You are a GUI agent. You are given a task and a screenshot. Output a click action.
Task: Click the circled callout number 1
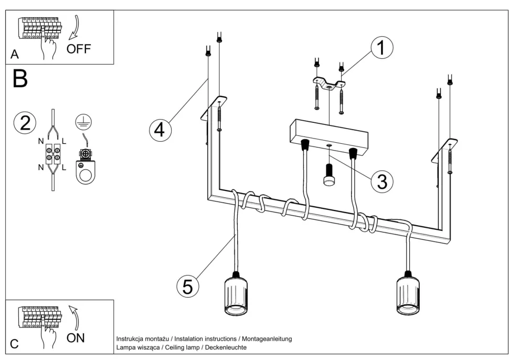pos(381,48)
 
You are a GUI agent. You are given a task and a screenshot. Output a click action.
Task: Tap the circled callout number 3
pos(382,181)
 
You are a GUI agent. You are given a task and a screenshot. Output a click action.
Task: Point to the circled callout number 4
pos(160,129)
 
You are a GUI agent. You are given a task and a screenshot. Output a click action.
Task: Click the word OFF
pos(79,49)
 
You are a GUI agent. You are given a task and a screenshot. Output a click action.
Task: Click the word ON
pos(76,338)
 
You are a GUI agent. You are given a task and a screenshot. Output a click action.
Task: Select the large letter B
pos(20,79)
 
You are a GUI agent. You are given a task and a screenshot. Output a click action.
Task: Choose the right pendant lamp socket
pos(409,296)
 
